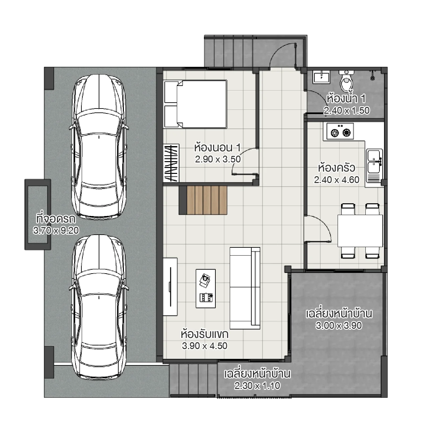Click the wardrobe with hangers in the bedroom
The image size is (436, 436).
pyautogui.click(x=171, y=163)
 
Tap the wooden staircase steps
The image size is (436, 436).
pyautogui.click(x=203, y=200)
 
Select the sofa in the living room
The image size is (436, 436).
pyautogui.click(x=245, y=288)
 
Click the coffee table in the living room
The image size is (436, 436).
pyautogui.click(x=206, y=288)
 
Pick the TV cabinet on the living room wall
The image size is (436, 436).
pyautogui.click(x=170, y=287)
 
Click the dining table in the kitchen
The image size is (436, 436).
pyautogui.click(x=360, y=230)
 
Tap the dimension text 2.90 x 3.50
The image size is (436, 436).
pyautogui.click(x=218, y=159)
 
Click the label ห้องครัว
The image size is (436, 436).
pyautogui.click(x=336, y=168)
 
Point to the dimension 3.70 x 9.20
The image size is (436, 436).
pyautogui.click(x=56, y=230)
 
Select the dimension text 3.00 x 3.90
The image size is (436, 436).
pyautogui.click(x=339, y=326)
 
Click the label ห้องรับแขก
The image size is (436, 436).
pyautogui.click(x=204, y=334)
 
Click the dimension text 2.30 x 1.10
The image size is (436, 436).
pyautogui.click(x=257, y=386)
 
